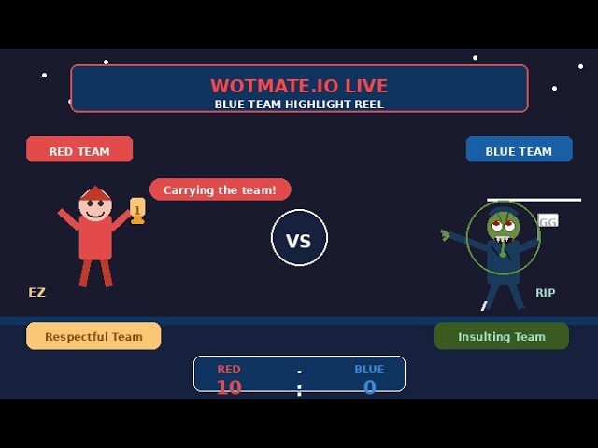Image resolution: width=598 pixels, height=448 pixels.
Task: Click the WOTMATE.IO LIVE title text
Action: coord(299,85)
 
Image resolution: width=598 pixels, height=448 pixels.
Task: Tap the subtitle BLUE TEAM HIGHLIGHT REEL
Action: coord(299,104)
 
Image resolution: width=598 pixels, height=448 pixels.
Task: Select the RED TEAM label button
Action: coord(79,149)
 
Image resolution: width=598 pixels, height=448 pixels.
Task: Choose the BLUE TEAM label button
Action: coord(520,149)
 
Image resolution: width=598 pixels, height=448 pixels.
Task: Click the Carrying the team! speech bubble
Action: coord(221,189)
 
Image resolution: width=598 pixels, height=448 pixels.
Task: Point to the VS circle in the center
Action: coord(299,237)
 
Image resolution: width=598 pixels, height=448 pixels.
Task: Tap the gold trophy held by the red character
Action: coord(137,210)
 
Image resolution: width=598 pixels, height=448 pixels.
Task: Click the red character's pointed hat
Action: coord(95,193)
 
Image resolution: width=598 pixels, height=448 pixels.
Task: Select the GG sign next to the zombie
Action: coord(548,220)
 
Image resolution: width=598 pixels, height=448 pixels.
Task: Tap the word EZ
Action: coord(37,292)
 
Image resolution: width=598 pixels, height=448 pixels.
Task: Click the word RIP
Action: coord(546,292)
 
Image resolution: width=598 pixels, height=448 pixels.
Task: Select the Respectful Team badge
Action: coord(93,336)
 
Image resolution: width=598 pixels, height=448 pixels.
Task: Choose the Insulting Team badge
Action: coord(502,336)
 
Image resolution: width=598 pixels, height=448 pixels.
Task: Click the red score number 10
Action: coord(229,387)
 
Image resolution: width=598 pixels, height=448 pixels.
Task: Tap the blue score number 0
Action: coord(370,387)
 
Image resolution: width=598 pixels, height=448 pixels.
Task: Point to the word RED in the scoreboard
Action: coord(229,369)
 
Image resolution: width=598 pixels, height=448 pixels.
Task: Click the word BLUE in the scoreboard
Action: coord(369,369)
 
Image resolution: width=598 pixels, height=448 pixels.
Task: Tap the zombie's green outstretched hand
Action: coord(445,234)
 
